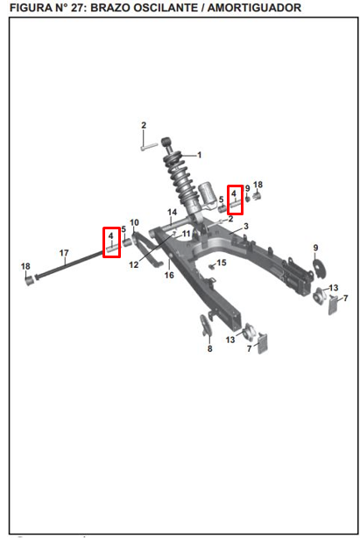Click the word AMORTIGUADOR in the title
point(255,7)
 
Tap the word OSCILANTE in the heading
point(167,7)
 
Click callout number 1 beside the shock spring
point(199,155)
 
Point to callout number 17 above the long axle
point(64,253)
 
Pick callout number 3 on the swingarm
point(246,227)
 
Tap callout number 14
point(172,212)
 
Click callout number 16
point(169,275)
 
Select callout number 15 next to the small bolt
point(222,263)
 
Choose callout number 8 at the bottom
point(210,348)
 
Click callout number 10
point(134,222)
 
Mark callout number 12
point(134,264)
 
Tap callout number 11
point(187,235)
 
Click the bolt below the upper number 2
point(149,147)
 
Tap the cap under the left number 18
point(30,280)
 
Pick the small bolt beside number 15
point(212,267)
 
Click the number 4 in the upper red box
point(234,193)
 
